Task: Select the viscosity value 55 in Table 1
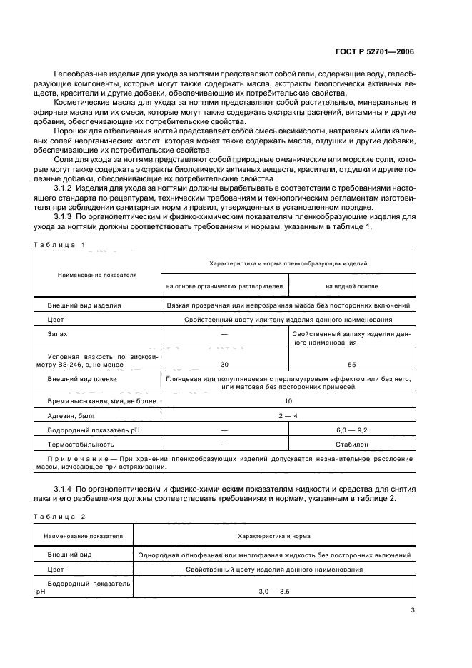point(351,363)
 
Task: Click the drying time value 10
point(288,402)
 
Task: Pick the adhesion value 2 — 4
point(288,415)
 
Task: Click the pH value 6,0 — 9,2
point(351,430)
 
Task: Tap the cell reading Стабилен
point(351,443)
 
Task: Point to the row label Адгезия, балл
point(71,415)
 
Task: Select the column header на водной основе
point(351,287)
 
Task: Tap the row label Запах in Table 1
point(58,333)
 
